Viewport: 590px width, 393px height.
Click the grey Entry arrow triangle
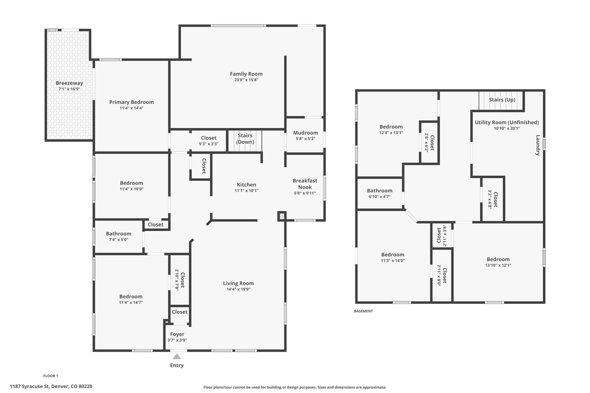click(177, 356)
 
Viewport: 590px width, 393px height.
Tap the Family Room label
click(246, 74)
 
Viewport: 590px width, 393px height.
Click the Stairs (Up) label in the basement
click(502, 100)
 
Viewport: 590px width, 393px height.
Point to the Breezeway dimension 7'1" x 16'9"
click(69, 89)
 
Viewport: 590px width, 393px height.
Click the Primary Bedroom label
click(131, 102)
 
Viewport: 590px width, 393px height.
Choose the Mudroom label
click(305, 133)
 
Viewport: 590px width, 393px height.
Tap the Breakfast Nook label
click(305, 184)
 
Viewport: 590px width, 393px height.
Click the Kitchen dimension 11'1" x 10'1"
click(246, 191)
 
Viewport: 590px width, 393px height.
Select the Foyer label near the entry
click(177, 334)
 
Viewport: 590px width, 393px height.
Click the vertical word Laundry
click(538, 145)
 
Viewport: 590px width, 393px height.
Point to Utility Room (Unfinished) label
click(507, 122)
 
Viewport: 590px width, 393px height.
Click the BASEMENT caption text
click(363, 311)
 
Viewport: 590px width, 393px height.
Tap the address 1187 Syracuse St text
click(51, 386)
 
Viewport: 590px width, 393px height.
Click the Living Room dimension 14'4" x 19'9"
click(238, 289)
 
